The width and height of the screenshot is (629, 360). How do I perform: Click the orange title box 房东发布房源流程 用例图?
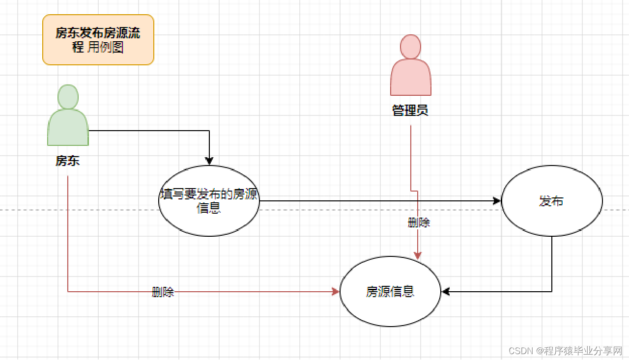click(x=98, y=40)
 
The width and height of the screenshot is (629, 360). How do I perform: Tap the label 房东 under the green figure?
click(x=68, y=161)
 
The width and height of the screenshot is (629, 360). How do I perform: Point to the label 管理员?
click(x=410, y=110)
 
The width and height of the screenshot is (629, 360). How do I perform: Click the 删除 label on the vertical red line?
click(x=419, y=222)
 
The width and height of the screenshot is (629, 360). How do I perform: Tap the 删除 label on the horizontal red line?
click(x=163, y=292)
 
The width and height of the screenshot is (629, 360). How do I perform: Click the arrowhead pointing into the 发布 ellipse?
click(x=497, y=201)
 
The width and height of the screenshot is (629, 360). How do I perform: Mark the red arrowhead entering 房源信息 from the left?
click(x=336, y=292)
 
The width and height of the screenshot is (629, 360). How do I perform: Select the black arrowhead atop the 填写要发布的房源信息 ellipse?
click(x=209, y=161)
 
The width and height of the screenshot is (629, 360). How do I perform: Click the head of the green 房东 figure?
click(x=68, y=96)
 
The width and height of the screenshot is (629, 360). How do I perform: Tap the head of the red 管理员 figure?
click(x=411, y=46)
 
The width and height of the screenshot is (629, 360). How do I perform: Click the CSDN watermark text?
click(x=565, y=351)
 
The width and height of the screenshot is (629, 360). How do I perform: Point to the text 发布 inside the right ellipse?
click(x=551, y=201)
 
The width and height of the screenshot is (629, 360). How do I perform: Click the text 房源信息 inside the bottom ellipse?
click(x=390, y=292)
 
